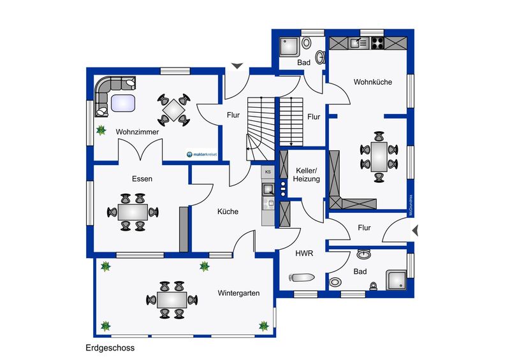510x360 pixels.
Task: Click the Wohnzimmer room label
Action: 137,132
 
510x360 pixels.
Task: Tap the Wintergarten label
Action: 238,294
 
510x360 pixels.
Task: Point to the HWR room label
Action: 303,253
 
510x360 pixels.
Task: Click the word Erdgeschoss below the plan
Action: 110,349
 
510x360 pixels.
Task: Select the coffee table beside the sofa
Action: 122,103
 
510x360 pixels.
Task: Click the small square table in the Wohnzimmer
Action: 173,110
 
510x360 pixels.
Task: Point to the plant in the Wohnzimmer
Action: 101,131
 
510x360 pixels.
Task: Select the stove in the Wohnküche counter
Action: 377,43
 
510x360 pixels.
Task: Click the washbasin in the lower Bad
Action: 365,254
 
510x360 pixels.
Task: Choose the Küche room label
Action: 228,212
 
